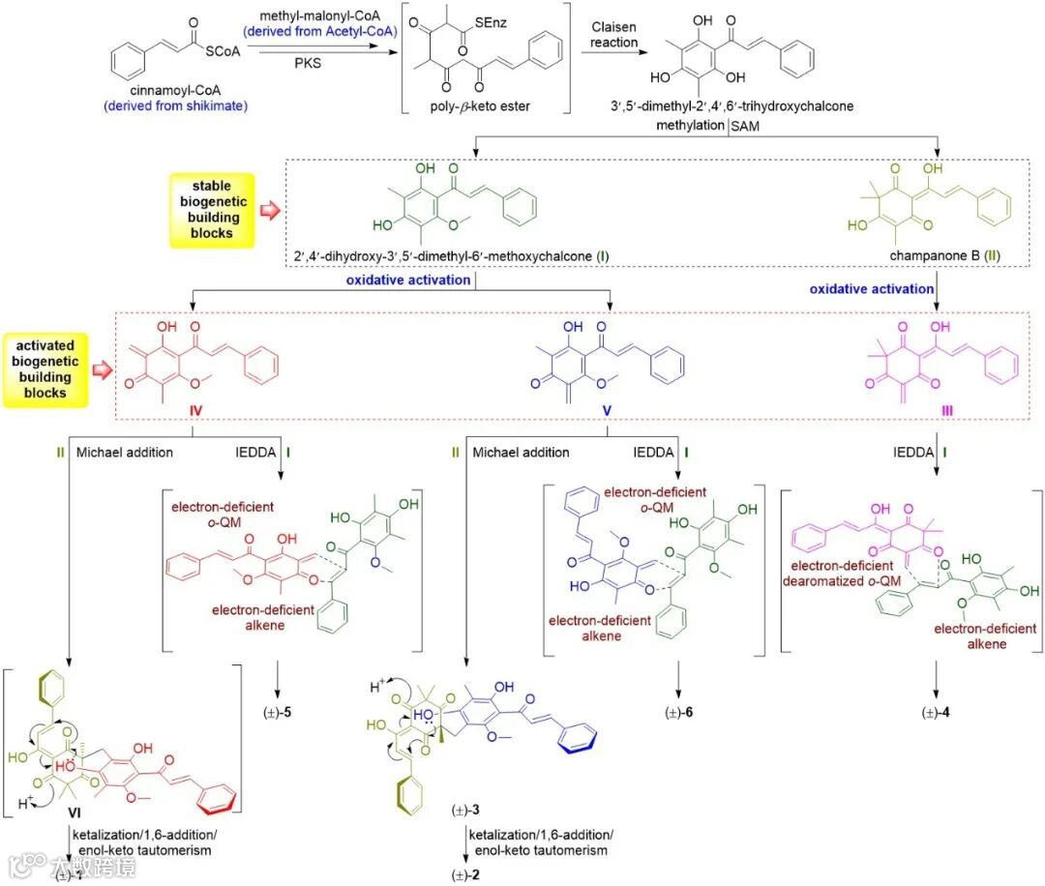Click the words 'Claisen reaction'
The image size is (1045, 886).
[614, 36]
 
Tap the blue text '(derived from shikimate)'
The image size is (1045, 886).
[190, 104]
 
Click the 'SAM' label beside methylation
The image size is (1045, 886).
[746, 126]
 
